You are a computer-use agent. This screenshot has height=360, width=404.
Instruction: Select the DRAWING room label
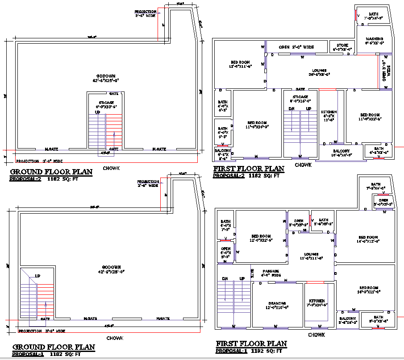277,305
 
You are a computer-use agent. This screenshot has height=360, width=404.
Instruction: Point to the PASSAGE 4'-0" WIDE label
271,273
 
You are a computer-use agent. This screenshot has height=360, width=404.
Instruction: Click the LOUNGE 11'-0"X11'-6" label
311,256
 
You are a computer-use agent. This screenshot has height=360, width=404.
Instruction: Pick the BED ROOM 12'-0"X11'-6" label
240,64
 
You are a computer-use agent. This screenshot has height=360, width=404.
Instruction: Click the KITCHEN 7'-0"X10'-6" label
316,303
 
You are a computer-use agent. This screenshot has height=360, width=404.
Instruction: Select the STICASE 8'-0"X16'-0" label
300,99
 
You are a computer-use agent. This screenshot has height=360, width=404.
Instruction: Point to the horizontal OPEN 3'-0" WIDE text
296,47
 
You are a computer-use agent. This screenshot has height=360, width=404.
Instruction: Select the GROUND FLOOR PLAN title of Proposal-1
54,347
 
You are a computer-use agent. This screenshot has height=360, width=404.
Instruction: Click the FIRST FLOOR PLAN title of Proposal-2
249,169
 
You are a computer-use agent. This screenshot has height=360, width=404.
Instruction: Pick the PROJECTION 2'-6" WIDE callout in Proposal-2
146,13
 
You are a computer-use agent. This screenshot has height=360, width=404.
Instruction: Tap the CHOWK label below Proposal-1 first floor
316,335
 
